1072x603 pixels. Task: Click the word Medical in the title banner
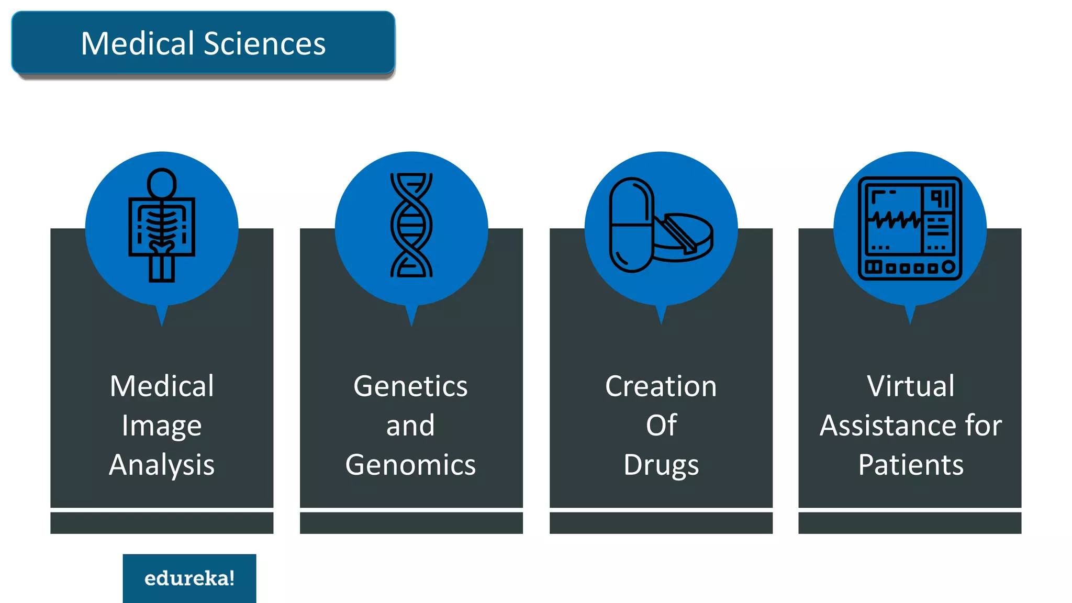(x=138, y=43)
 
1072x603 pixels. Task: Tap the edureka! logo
(x=189, y=578)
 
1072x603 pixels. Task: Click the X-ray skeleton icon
(x=162, y=225)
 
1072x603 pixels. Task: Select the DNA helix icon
(x=411, y=225)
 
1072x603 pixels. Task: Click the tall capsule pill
(x=631, y=225)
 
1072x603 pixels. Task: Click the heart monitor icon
(x=910, y=228)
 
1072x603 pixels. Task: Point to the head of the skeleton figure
(x=162, y=183)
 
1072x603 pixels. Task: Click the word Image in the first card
(x=162, y=426)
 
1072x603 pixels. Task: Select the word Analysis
(x=162, y=465)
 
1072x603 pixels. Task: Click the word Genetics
(x=410, y=387)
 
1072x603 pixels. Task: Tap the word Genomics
(x=410, y=465)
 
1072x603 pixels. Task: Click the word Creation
(x=661, y=387)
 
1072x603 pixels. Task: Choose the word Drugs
(x=661, y=465)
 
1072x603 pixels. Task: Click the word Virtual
(x=910, y=387)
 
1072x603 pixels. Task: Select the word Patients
(x=910, y=465)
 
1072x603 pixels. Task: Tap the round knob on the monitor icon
(x=948, y=267)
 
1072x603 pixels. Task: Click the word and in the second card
(x=410, y=426)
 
